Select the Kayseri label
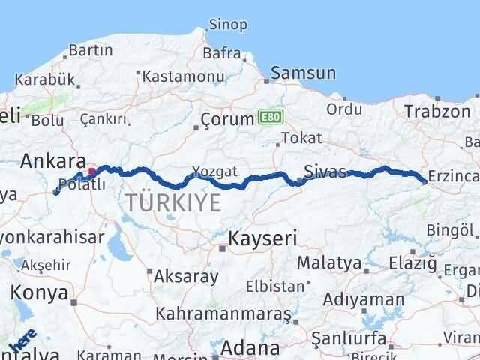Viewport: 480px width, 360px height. point(262,239)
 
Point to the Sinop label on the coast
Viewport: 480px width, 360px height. point(228,25)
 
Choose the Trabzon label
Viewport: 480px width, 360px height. point(436,111)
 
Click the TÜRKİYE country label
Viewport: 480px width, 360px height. point(173,202)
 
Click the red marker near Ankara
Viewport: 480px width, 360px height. point(92,171)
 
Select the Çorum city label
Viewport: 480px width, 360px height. point(228,120)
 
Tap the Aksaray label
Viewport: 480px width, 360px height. point(186,276)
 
